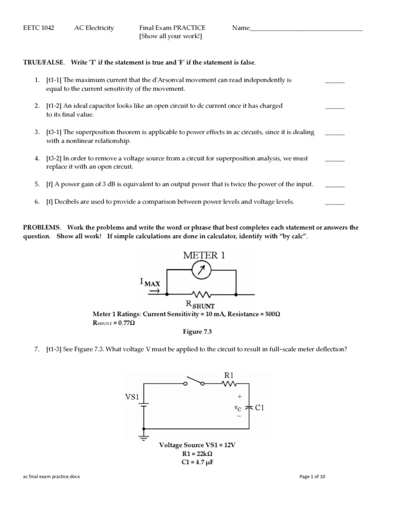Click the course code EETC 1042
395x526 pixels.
click(39, 28)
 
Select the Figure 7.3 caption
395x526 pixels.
click(198, 332)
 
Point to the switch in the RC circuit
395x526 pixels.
click(194, 382)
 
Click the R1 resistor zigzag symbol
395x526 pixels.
click(230, 383)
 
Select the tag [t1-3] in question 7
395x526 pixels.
click(56, 349)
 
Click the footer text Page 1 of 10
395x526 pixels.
click(312, 477)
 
